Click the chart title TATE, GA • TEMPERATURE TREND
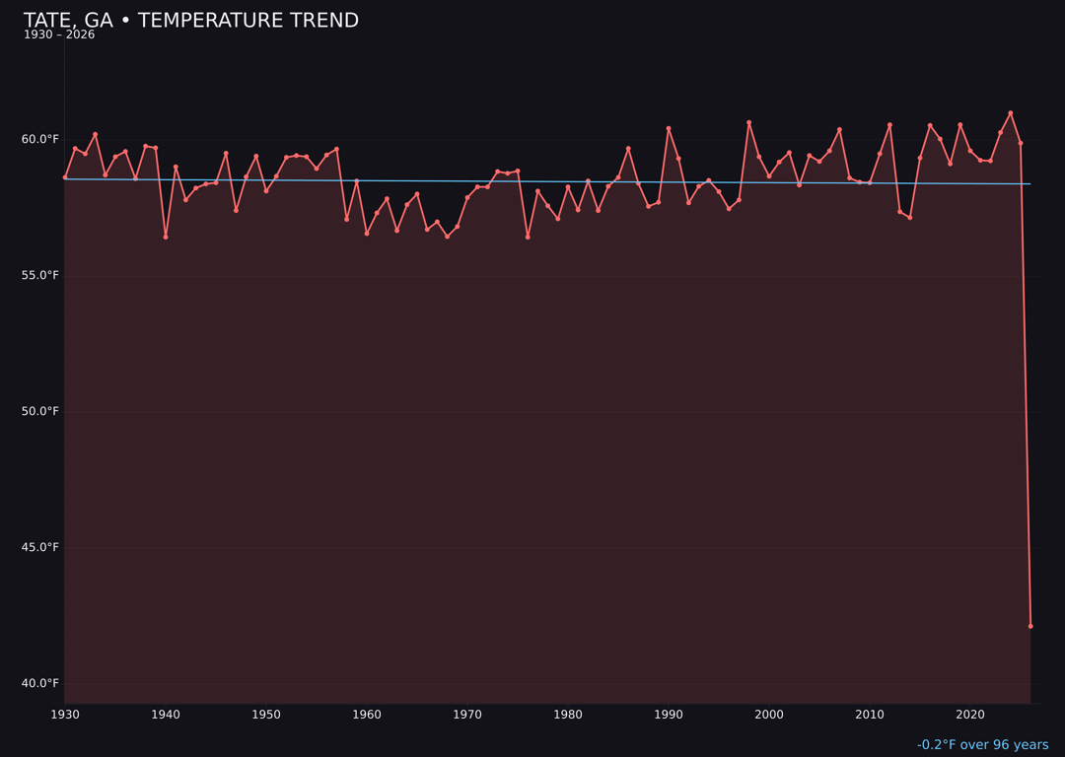(190, 21)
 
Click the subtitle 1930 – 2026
(59, 35)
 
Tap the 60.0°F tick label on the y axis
(40, 139)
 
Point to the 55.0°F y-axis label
(40, 275)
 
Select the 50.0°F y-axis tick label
(40, 411)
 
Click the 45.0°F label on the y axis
(40, 547)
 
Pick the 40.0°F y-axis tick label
(40, 683)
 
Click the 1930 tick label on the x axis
(65, 715)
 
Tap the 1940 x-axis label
(166, 715)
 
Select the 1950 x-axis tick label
(266, 715)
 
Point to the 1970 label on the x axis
(467, 715)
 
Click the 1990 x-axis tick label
(669, 715)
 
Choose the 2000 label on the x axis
(769, 715)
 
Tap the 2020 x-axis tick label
(970, 715)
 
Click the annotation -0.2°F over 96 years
(982, 745)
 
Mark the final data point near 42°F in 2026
(1030, 626)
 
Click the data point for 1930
(65, 177)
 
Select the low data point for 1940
(166, 237)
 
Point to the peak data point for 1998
(748, 122)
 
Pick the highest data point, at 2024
(1010, 113)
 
